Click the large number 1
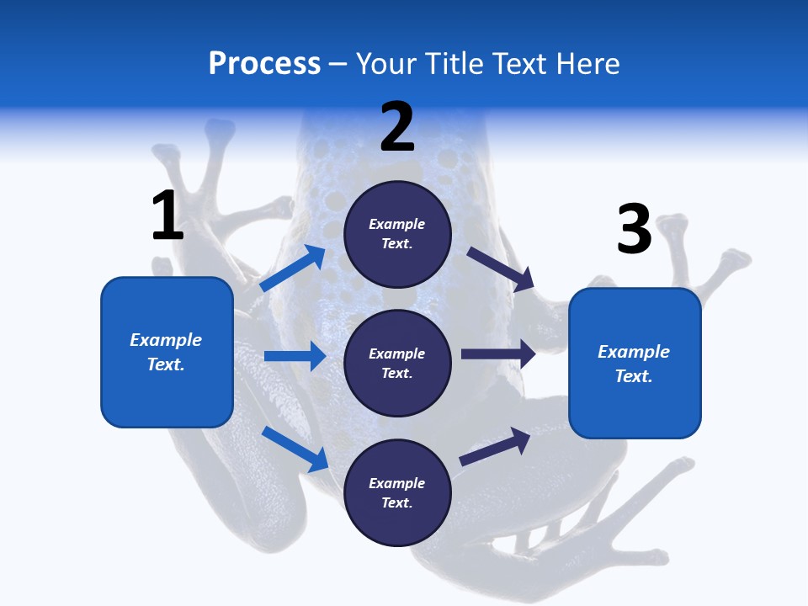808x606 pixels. click(x=167, y=215)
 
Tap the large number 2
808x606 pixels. click(x=397, y=127)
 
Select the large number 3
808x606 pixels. click(x=634, y=230)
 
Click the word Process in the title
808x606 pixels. click(x=264, y=63)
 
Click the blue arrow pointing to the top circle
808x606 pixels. click(x=293, y=268)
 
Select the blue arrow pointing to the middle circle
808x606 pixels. click(x=295, y=356)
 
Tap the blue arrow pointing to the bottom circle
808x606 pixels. click(x=295, y=449)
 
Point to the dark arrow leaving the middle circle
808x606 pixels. click(x=498, y=354)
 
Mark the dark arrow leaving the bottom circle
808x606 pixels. click(x=495, y=446)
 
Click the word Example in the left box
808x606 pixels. click(x=166, y=340)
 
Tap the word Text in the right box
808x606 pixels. click(x=633, y=376)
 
